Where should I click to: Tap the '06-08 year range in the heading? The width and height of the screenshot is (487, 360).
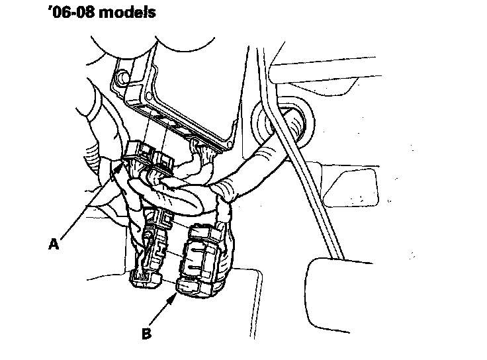pos(64,13)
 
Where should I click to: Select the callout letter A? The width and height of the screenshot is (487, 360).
pos(54,244)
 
